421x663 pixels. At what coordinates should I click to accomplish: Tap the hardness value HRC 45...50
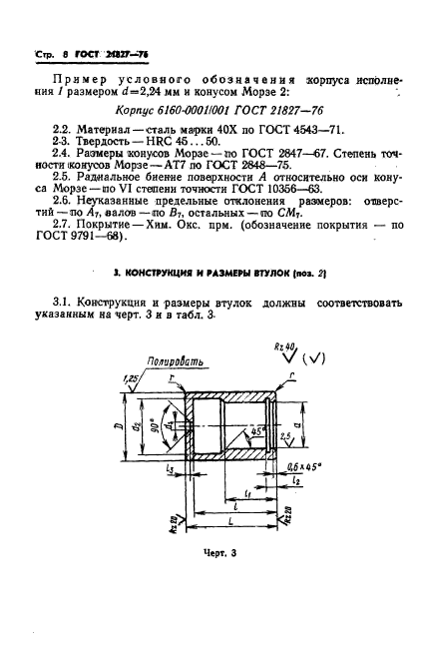[180, 148]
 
